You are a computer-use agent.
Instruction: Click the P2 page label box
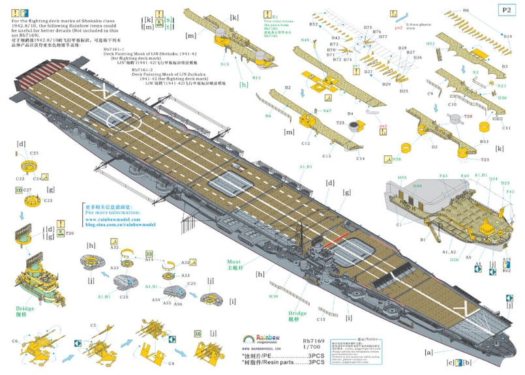[x=506, y=10]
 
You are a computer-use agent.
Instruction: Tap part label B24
[x=507, y=37]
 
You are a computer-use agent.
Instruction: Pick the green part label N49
[x=305, y=40]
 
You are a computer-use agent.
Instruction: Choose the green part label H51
[x=430, y=44]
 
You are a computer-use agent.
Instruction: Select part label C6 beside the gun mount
[x=15, y=341]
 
